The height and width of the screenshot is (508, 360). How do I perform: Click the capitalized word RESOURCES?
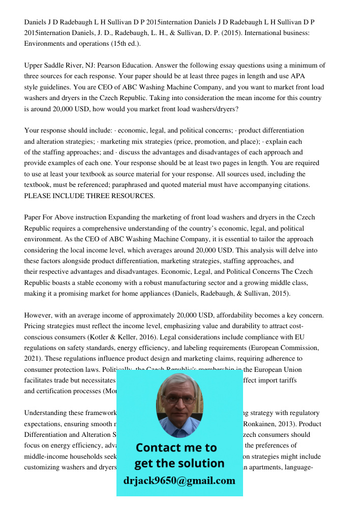[x=134, y=196]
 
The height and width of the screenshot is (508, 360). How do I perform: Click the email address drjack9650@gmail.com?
[x=179, y=481]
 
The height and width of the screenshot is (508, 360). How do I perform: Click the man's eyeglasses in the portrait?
[x=180, y=398]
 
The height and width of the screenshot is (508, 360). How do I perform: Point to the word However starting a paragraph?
[x=40, y=315]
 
